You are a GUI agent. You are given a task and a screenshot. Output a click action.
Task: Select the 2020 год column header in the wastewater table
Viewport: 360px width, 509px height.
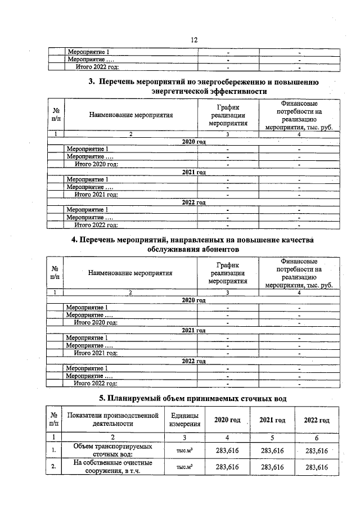228,420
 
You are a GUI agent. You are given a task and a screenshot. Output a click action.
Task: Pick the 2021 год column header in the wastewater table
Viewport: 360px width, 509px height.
273,420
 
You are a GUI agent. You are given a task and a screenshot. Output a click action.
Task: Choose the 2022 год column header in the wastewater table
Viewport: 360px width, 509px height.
316,420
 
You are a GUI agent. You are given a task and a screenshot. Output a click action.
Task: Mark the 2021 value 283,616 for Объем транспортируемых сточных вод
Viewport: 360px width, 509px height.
273,451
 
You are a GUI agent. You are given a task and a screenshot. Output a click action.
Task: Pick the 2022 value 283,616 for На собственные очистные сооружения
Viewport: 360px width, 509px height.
316,467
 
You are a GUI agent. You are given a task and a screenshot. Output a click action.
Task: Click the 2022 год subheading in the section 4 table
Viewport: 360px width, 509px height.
194,361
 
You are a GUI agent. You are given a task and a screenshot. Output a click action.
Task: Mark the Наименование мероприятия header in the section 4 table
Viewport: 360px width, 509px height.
130,273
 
